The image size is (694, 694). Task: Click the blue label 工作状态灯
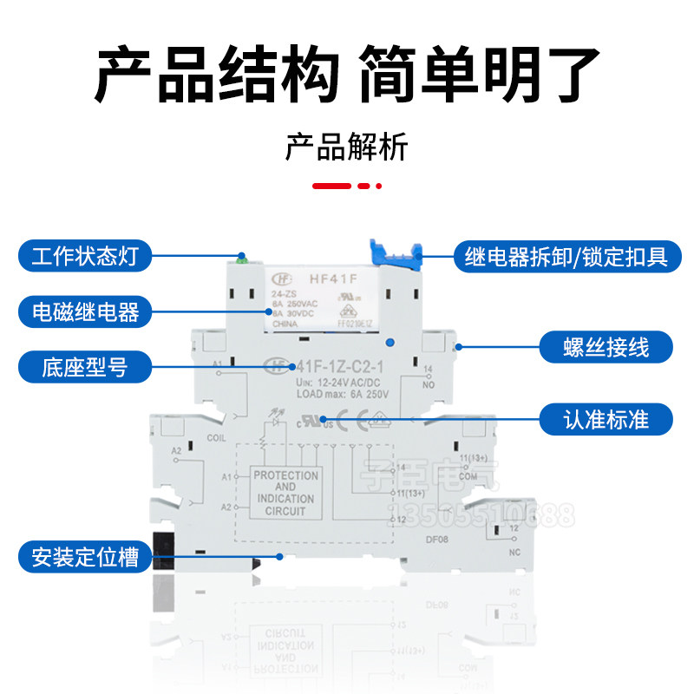[85, 256]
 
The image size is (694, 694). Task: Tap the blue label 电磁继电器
[85, 311]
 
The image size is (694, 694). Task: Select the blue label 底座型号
[85, 367]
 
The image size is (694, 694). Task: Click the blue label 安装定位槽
[85, 556]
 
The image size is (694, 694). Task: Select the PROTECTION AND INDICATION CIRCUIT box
[285, 494]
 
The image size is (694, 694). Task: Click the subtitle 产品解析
[346, 147]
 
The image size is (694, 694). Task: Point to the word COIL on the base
[217, 438]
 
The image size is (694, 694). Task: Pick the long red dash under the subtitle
[331, 186]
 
